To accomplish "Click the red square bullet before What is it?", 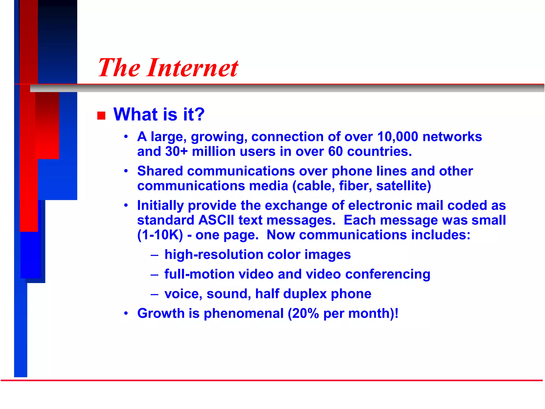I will click(x=101, y=116).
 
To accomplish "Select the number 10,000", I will click(x=398, y=137).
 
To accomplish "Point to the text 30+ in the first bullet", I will click(x=176, y=152).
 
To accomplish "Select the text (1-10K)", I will click(x=160, y=235).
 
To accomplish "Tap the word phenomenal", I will click(x=243, y=313).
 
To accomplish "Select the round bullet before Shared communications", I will click(x=126, y=171).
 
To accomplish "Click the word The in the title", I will click(x=119, y=68).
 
